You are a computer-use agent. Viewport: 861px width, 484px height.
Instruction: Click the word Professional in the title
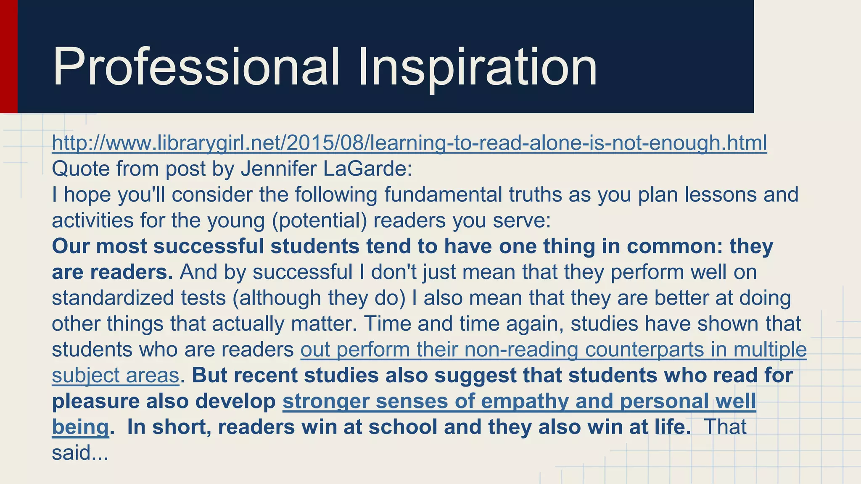point(195,67)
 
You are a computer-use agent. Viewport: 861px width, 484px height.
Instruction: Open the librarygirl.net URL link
point(409,143)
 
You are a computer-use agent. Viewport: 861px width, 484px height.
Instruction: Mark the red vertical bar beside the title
point(8,56)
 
